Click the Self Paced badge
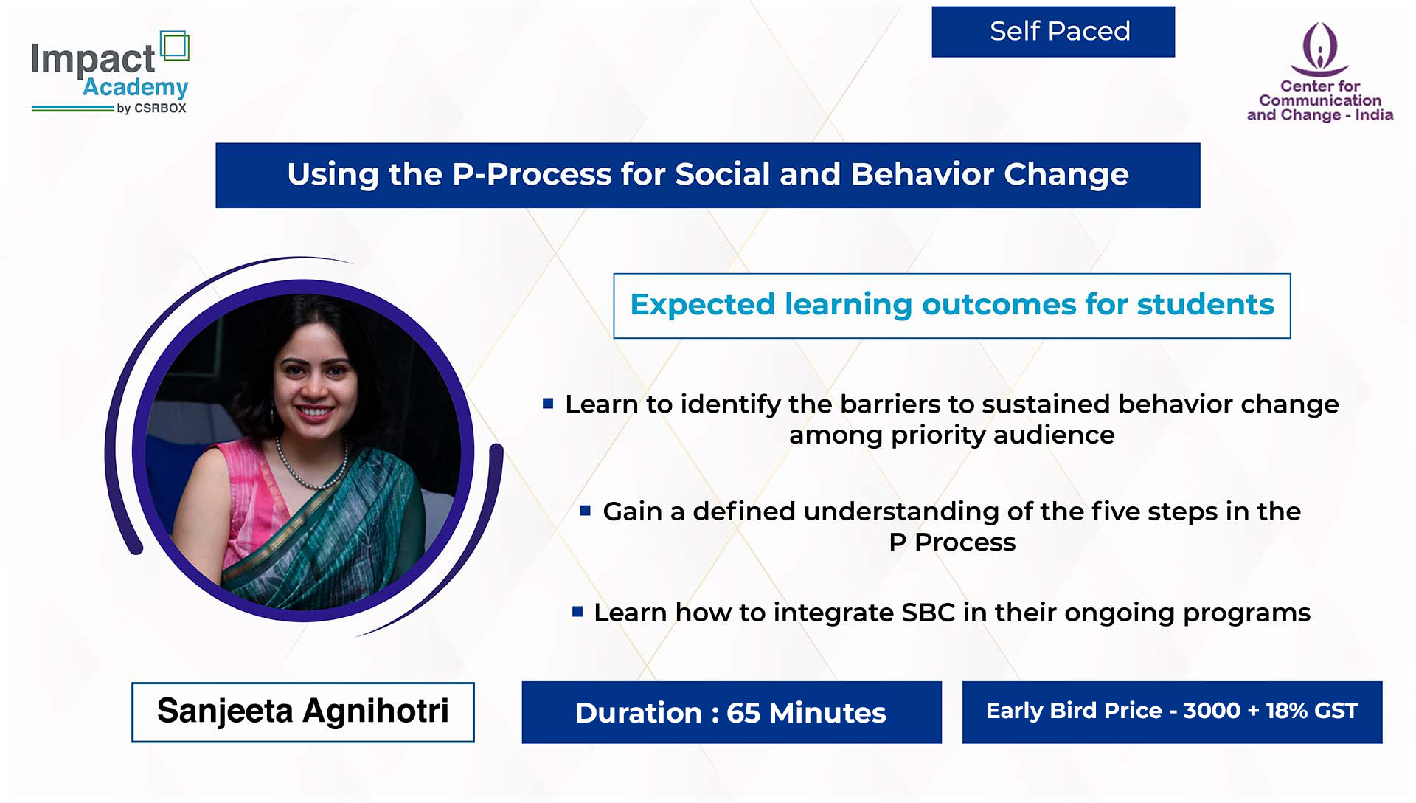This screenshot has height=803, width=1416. [1053, 32]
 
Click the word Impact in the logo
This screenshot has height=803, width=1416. [93, 59]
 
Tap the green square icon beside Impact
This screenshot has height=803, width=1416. [175, 46]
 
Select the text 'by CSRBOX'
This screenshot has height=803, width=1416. [151, 108]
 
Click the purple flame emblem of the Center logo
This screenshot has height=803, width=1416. [1319, 49]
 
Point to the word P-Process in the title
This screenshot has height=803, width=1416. [532, 174]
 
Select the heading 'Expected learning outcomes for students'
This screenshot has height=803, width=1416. [952, 305]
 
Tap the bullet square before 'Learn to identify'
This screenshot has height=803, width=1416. [548, 403]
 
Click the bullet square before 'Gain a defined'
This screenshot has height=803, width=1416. [586, 510]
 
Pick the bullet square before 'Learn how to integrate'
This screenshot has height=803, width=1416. [577, 611]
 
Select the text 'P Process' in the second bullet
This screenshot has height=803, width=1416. [952, 542]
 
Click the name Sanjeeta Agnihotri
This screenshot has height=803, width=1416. [303, 711]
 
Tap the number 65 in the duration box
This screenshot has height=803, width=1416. [743, 713]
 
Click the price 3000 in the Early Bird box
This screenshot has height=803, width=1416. [1212, 711]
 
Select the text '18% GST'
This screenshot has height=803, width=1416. [1312, 711]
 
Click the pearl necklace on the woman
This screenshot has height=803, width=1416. [310, 465]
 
